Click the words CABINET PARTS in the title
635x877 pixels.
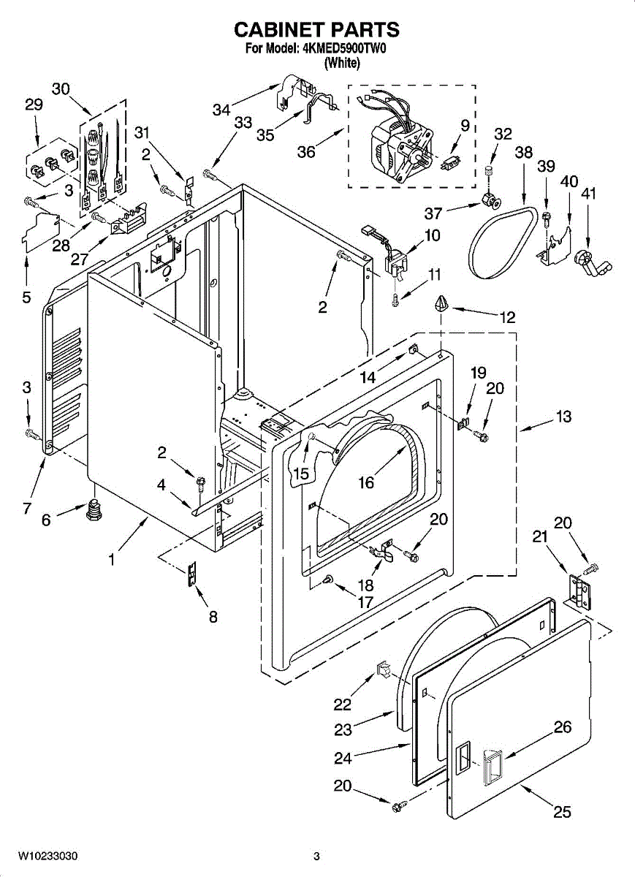316,30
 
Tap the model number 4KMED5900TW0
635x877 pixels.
345,49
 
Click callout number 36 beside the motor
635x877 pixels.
306,151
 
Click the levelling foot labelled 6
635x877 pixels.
92,510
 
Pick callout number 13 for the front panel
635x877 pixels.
563,416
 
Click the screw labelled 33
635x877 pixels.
210,174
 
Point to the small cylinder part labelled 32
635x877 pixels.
489,170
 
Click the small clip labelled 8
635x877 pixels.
192,573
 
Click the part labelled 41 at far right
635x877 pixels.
591,265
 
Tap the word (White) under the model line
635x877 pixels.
342,63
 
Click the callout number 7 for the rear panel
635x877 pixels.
26,508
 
